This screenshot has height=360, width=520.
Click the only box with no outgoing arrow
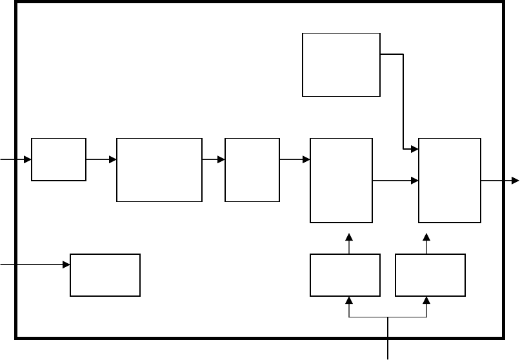[105, 275]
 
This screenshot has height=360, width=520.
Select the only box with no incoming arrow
[341, 65]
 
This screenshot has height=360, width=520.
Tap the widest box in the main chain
[159, 170]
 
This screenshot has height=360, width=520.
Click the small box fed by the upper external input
[59, 159]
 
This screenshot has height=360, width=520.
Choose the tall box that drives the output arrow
[450, 181]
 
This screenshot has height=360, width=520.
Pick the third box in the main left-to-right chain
[252, 170]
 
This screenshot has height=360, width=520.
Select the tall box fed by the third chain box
[341, 181]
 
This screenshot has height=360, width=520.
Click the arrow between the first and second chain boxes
[101, 159]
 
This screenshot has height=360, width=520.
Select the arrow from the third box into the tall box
[295, 159]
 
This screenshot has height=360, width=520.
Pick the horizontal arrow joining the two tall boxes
[395, 181]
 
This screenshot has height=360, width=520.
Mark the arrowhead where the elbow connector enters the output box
[415, 150]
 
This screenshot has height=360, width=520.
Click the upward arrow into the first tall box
[349, 243]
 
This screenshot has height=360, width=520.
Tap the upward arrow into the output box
[426, 243]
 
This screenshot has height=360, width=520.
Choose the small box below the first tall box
[345, 275]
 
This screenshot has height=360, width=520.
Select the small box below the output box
[430, 275]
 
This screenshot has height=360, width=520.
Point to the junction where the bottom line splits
[388, 317]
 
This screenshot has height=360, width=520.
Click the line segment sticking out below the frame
[388, 348]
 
